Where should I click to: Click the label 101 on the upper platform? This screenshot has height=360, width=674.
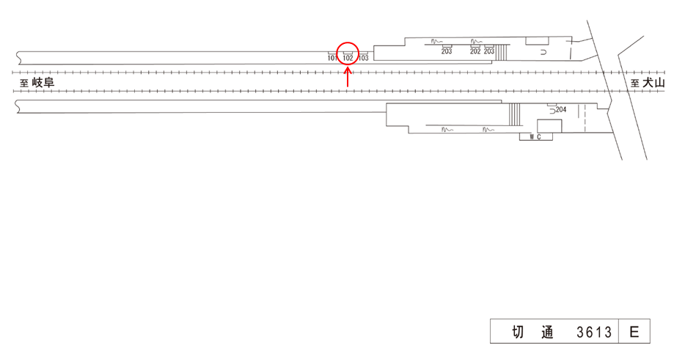click(332, 57)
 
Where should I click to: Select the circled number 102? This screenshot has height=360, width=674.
click(348, 57)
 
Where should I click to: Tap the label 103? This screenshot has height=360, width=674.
click(364, 57)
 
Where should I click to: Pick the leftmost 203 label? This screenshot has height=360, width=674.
click(446, 51)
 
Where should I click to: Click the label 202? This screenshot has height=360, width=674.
click(475, 51)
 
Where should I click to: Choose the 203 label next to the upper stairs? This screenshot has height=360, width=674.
click(489, 51)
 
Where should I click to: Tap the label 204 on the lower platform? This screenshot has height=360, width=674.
click(562, 110)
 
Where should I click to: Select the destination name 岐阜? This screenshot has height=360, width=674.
click(43, 83)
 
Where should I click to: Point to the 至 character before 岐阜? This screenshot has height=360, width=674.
click(24, 84)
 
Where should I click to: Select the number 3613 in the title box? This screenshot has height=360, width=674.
click(594, 332)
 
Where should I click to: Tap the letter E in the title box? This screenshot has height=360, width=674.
click(634, 332)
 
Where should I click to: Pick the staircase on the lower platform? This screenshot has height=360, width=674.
click(514, 114)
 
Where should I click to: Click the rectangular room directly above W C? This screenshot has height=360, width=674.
click(548, 125)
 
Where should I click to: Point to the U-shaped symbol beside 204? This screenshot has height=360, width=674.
click(552, 111)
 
